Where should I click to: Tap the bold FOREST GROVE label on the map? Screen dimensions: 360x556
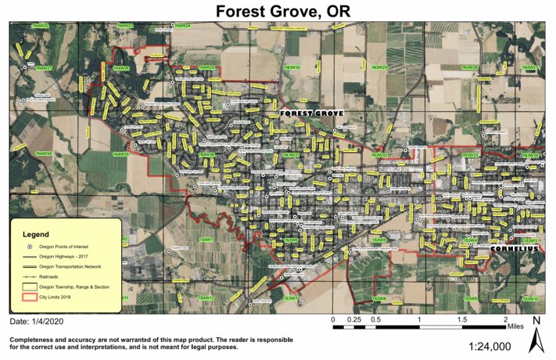click(312, 113)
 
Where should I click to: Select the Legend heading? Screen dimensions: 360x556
click(36, 234)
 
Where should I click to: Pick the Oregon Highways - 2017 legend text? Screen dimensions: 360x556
click(68, 257)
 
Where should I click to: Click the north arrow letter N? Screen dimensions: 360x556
click(536, 321)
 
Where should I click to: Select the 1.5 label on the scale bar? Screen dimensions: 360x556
click(463, 320)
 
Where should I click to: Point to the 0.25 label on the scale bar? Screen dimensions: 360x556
click(354, 320)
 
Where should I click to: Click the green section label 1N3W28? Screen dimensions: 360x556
click(469, 68)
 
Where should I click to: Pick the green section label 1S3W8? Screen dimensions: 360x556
click(379, 298)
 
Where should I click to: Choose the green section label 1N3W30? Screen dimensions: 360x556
click(292, 68)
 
